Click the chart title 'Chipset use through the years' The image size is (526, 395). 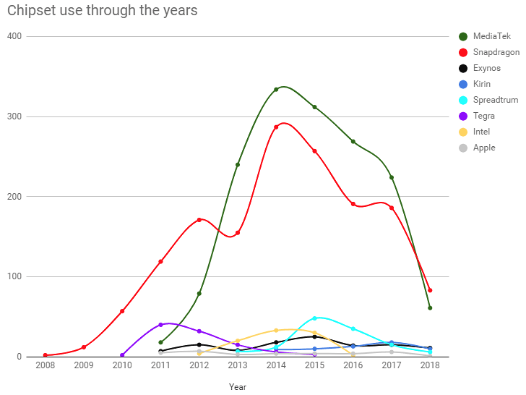(x=102, y=11)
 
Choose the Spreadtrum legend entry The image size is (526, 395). (x=495, y=100)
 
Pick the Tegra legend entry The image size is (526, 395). (x=484, y=116)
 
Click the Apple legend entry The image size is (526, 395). (x=484, y=148)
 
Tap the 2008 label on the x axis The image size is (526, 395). (x=45, y=367)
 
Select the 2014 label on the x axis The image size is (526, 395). (x=276, y=367)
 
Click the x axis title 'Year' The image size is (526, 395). (x=238, y=387)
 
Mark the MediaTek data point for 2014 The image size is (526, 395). (x=276, y=90)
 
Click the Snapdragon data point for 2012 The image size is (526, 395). (x=199, y=220)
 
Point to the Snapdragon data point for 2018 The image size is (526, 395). (x=430, y=290)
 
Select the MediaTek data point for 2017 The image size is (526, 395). (x=392, y=178)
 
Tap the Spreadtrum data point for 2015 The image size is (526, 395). (x=314, y=318)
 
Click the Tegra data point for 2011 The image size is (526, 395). (x=160, y=325)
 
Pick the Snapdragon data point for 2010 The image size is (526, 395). (x=122, y=311)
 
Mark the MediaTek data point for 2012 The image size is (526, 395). (x=199, y=294)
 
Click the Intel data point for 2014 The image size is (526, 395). (x=276, y=331)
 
